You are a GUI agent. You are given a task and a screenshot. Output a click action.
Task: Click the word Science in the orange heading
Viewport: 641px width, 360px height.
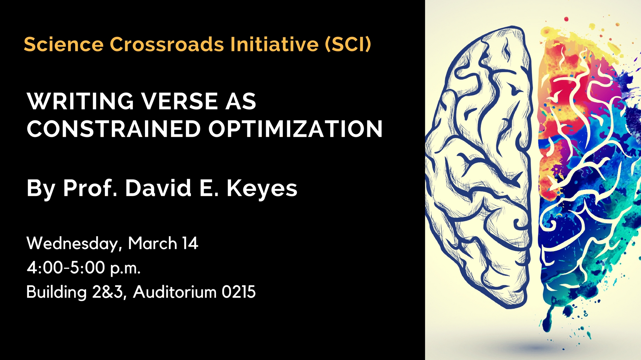pyautogui.click(x=63, y=44)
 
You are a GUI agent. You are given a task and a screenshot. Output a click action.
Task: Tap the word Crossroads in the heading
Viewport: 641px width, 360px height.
pyautogui.click(x=167, y=44)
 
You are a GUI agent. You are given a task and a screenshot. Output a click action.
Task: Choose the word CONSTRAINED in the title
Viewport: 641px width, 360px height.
pyautogui.click(x=114, y=129)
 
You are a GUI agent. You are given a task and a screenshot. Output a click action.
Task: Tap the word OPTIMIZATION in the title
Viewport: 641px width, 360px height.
pyautogui.click(x=295, y=129)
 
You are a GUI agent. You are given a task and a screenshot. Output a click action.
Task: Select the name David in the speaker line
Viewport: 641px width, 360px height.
pyautogui.click(x=158, y=188)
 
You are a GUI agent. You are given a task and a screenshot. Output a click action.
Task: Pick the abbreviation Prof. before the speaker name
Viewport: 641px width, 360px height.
pyautogui.click(x=90, y=188)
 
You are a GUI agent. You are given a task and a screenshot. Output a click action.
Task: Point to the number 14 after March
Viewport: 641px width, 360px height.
pyautogui.click(x=190, y=243)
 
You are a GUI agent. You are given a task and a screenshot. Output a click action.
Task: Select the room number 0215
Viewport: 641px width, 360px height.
pyautogui.click(x=238, y=292)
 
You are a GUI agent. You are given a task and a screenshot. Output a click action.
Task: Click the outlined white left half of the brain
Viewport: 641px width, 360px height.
pyautogui.click(x=479, y=167)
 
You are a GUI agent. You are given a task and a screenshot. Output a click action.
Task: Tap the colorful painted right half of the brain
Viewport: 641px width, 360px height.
pyautogui.click(x=588, y=173)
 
